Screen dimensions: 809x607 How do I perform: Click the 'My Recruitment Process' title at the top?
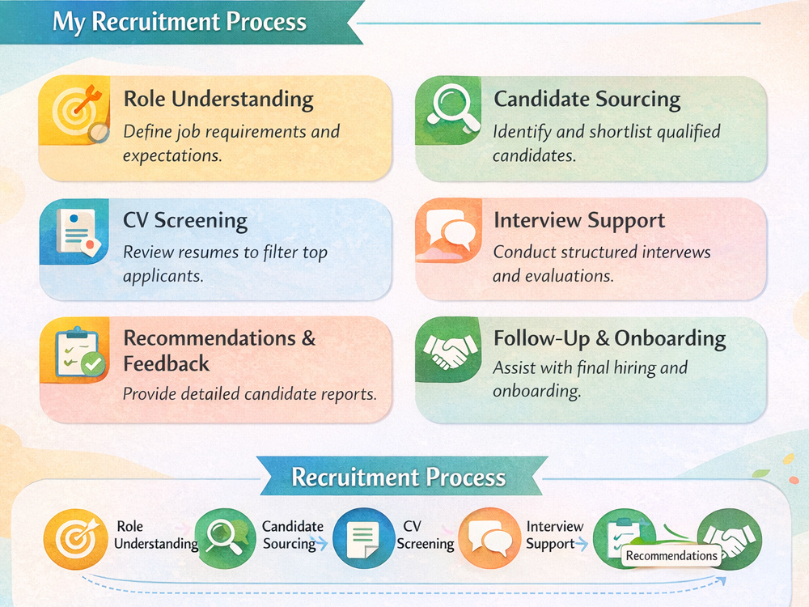pos(180,22)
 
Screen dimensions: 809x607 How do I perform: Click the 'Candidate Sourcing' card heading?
pos(587,99)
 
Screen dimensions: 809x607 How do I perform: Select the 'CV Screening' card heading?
pos(185,220)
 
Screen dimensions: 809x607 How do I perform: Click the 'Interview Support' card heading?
pos(579,220)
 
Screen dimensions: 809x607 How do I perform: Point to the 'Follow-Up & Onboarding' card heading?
pos(610,338)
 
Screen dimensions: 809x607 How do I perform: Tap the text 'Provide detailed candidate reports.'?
pos(250,394)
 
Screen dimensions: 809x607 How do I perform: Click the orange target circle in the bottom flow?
pos(76,539)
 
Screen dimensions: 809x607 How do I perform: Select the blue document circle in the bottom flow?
pos(364,538)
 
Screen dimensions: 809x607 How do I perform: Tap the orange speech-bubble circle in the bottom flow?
pos(489,538)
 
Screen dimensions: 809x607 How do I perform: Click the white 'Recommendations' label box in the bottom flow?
pos(671,556)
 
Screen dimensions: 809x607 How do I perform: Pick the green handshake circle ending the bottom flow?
pos(730,539)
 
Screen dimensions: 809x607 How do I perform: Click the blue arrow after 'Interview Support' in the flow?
pos(582,544)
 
